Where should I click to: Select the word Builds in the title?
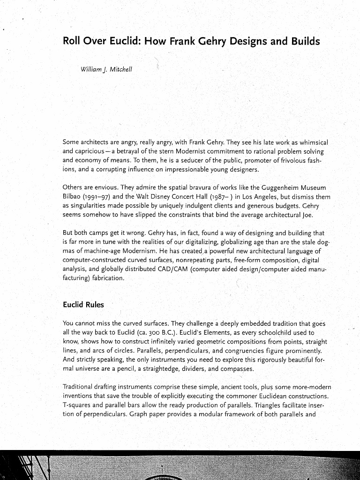(300, 42)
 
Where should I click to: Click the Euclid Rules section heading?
(83, 305)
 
